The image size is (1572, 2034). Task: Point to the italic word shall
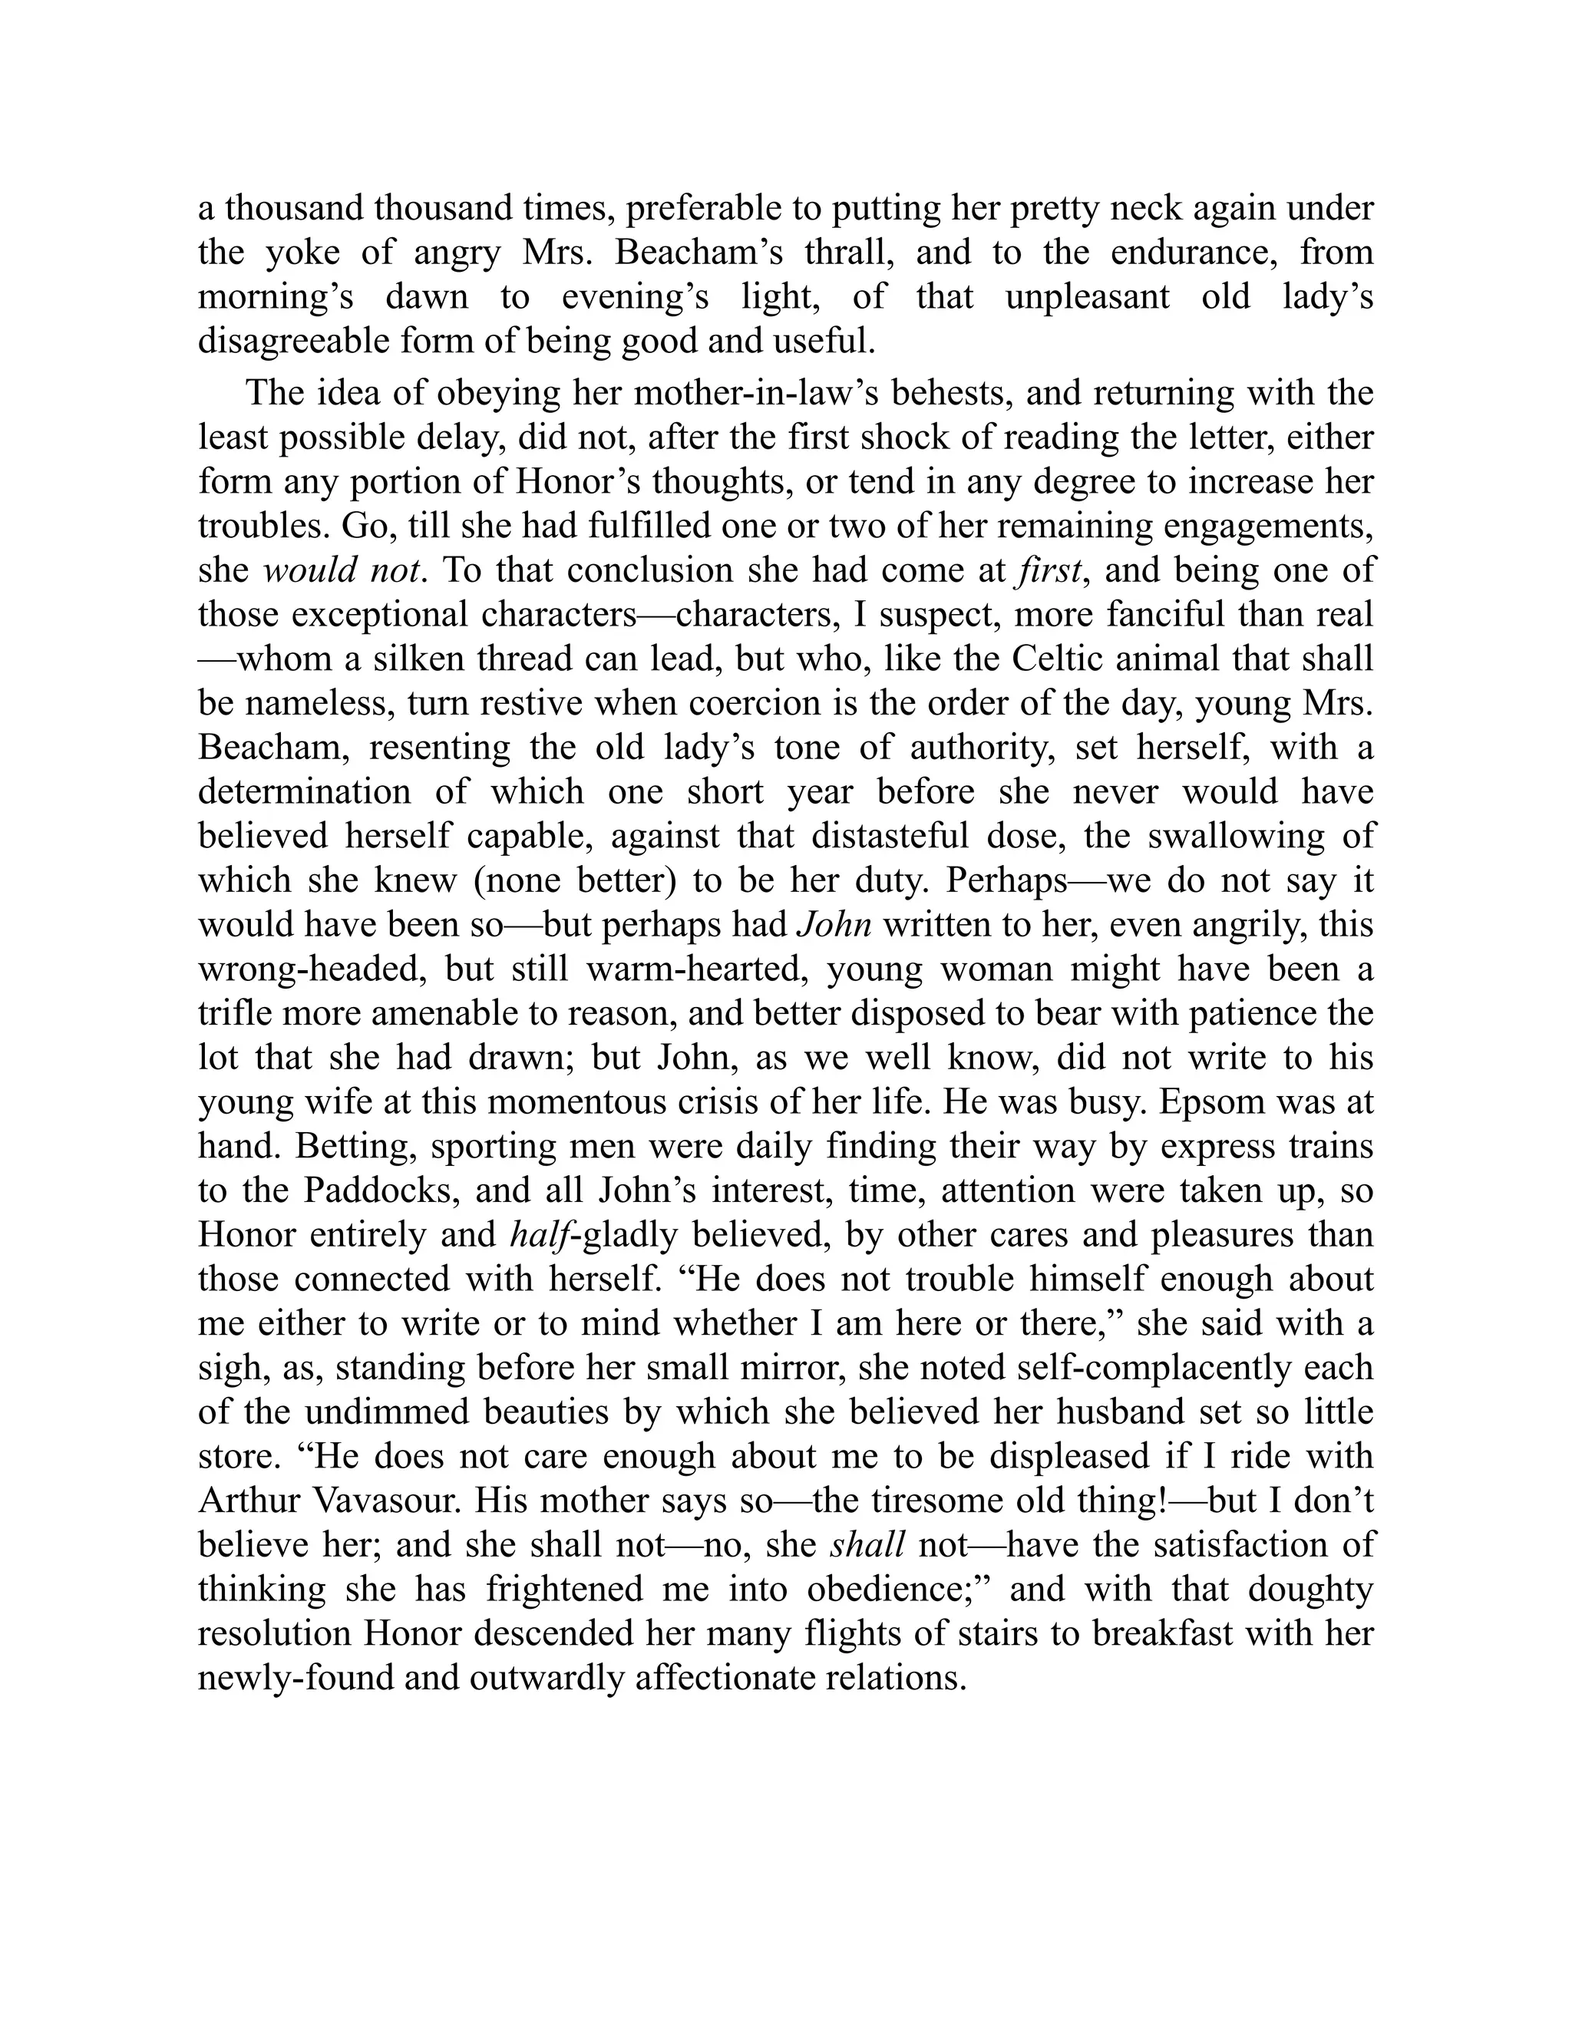pos(867,1545)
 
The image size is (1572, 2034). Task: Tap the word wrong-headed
pos(310,969)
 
